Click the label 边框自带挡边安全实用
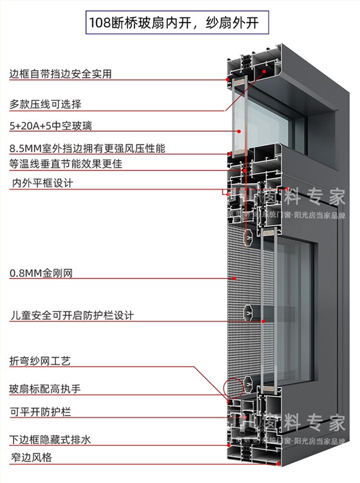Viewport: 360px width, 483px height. [60, 74]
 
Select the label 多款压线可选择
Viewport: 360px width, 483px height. [45, 104]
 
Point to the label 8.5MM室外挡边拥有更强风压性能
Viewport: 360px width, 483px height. [87, 148]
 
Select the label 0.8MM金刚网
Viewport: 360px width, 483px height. [41, 274]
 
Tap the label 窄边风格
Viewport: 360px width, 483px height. [30, 457]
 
